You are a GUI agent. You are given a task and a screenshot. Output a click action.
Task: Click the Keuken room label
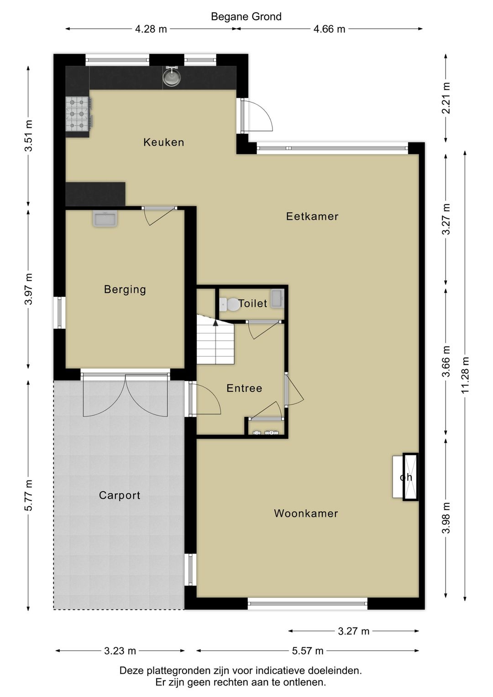163,142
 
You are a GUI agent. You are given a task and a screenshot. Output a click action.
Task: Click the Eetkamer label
312,216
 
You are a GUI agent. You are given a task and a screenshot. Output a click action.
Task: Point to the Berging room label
125,289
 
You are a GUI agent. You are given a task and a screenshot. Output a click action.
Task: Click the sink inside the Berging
105,219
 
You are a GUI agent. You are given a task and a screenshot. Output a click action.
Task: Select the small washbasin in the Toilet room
277,298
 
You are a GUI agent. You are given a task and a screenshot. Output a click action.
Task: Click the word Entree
244,388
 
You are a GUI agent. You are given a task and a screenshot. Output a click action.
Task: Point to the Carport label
120,495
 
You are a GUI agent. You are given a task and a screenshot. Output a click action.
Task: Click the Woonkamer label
306,513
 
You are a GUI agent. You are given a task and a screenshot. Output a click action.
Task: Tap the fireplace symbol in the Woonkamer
406,477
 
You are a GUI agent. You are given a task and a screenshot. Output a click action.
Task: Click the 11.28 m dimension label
465,375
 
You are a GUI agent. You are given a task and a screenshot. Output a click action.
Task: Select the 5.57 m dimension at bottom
308,651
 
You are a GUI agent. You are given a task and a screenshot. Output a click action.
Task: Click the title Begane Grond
246,16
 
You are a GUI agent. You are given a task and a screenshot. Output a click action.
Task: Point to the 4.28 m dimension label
151,29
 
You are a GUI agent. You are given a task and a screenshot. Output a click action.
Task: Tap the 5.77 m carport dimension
28,495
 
